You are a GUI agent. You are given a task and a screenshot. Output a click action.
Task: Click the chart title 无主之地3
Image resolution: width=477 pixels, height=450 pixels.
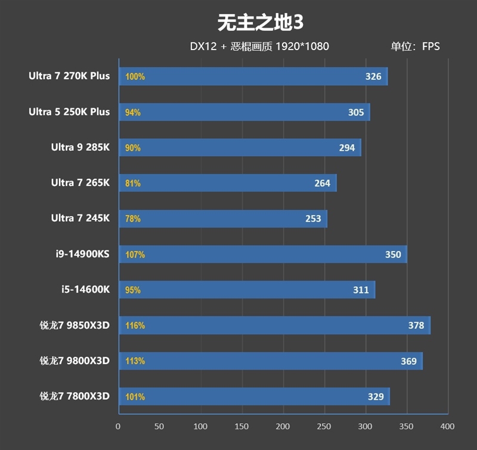pyautogui.click(x=260, y=22)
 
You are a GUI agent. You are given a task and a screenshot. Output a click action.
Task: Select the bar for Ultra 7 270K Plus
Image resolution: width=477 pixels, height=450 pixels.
pyautogui.click(x=253, y=76)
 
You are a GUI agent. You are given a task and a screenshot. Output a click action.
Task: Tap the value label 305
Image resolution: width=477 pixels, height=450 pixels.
pyautogui.click(x=356, y=112)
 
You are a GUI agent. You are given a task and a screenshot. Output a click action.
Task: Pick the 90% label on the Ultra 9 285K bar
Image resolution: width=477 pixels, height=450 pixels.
pyautogui.click(x=133, y=148)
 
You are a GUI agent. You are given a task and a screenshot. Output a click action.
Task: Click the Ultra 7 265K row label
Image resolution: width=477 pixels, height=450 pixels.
pyautogui.click(x=80, y=183)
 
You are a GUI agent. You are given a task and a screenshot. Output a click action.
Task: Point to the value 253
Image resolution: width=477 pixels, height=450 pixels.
pyautogui.click(x=313, y=219)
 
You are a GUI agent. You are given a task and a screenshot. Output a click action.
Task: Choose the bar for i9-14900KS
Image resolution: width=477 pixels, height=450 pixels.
pyautogui.click(x=262, y=255)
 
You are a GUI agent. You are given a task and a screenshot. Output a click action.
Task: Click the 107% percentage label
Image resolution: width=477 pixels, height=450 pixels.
pyautogui.click(x=135, y=255)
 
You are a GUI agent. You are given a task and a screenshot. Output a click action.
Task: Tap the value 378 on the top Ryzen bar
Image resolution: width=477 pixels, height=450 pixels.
pyautogui.click(x=416, y=325)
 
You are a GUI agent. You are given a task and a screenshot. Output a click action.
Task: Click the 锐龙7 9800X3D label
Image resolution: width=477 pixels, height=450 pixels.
pyautogui.click(x=75, y=361)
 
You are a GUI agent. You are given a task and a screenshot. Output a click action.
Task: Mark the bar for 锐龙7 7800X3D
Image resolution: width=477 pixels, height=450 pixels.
pyautogui.click(x=255, y=396)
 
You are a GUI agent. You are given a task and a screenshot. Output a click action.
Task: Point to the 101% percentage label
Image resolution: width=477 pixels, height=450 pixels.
pyautogui.click(x=135, y=396)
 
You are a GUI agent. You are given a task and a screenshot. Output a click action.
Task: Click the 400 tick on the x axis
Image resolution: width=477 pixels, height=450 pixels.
pyautogui.click(x=447, y=426)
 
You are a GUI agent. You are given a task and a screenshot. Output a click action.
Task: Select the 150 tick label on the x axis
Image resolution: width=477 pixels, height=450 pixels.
pyautogui.click(x=241, y=426)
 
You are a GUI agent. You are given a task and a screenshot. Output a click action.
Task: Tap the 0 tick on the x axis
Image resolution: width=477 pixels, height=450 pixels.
pyautogui.click(x=118, y=426)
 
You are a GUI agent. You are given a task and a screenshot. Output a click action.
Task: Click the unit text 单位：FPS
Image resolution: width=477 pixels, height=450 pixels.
pyautogui.click(x=415, y=46)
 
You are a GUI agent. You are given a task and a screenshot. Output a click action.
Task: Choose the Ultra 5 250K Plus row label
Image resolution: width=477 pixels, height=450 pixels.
pyautogui.click(x=69, y=112)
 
